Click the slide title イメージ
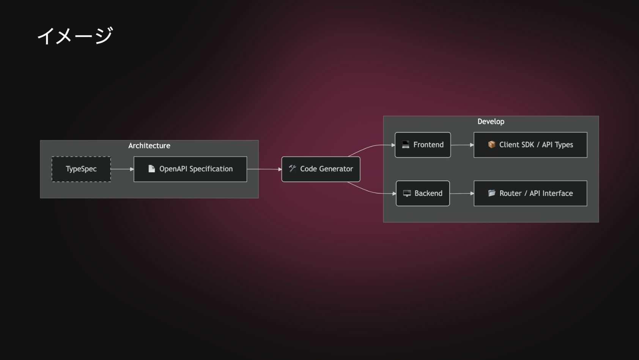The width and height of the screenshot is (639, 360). pos(75,36)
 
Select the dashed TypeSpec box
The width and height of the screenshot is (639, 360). pos(81,169)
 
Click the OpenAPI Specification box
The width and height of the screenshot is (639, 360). pos(190,169)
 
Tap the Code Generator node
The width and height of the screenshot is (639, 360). pos(321,169)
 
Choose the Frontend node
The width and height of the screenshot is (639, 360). pos(423,145)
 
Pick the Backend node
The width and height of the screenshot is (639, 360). pos(423,193)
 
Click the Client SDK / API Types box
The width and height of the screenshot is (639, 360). pos(530,145)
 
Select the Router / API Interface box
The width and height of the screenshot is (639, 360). pos(530,193)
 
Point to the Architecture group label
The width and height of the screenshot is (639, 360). pos(149,146)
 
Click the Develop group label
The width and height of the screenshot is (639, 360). pos(491,122)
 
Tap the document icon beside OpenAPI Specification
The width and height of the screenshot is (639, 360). pos(151,169)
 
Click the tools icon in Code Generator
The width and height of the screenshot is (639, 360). pos(292,169)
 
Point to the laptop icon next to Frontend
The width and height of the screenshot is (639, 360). pos(406,145)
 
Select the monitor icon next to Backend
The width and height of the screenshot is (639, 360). pos(407,193)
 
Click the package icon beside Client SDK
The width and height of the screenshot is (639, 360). pos(491,145)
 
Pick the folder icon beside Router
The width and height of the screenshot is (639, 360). pos(491,193)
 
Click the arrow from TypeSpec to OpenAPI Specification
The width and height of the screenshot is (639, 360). pos(122,169)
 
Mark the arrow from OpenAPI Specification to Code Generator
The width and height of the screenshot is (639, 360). pos(264,169)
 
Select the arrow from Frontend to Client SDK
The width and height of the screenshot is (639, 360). pos(462,145)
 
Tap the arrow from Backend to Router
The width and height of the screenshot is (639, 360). pos(462,193)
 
